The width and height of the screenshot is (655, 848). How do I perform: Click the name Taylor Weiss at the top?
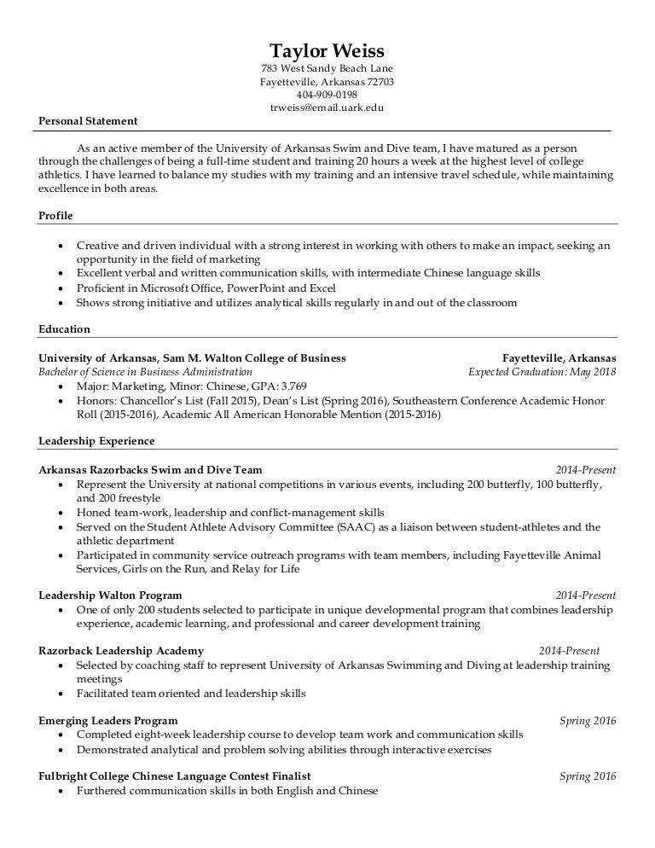327,49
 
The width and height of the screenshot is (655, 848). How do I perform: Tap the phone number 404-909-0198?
327,95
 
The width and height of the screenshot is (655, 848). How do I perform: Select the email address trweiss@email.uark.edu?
327,107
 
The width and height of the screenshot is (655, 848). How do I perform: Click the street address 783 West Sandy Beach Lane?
327,68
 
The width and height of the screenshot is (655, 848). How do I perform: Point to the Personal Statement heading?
88,121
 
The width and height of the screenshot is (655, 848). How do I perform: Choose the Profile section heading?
55,215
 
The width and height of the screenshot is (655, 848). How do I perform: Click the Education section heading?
64,328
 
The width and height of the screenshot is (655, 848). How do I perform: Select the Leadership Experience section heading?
96,441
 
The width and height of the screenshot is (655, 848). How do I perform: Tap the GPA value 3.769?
293,386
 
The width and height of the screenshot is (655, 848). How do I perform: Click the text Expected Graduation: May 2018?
542,372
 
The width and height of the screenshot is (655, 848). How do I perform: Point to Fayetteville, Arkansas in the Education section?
559,358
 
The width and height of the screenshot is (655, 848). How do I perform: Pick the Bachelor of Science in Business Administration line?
145,372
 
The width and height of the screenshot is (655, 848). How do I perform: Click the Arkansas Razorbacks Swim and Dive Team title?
150,469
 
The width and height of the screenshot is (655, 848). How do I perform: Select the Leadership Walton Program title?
110,595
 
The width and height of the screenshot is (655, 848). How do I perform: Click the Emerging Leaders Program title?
108,721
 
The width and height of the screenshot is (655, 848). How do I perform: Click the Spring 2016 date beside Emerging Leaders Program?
587,721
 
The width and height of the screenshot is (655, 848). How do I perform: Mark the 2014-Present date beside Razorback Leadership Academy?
571,651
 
